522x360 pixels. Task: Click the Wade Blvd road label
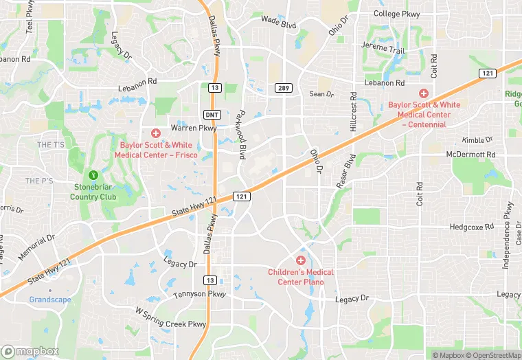pyautogui.click(x=278, y=23)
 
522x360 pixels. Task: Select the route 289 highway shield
pyautogui.click(x=284, y=88)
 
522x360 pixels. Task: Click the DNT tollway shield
pyautogui.click(x=212, y=114)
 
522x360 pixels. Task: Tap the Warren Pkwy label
pyautogui.click(x=194, y=127)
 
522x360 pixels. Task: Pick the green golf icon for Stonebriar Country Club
pyautogui.click(x=93, y=177)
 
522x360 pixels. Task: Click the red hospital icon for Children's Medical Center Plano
pyautogui.click(x=300, y=260)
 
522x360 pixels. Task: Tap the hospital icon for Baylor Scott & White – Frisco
pyautogui.click(x=156, y=133)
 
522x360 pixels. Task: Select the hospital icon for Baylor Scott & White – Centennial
pyautogui.click(x=424, y=93)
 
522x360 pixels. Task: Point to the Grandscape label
pyautogui.click(x=50, y=300)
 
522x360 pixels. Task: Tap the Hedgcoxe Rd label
pyautogui.click(x=472, y=227)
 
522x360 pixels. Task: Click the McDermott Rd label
pyautogui.click(x=470, y=154)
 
